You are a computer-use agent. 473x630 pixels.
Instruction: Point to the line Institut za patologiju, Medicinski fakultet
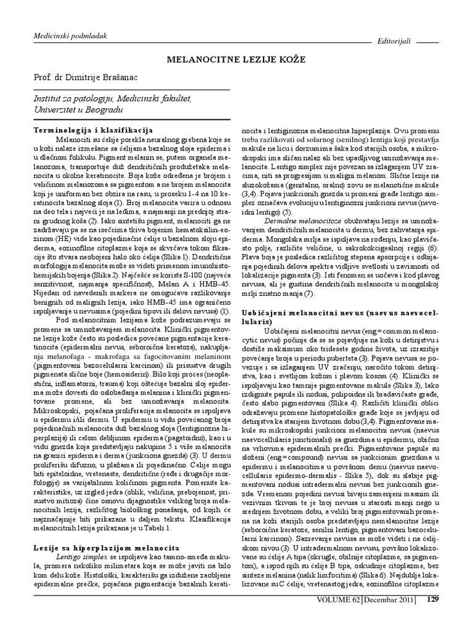(111, 98)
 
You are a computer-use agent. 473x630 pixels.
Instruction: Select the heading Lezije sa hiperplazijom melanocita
(105, 547)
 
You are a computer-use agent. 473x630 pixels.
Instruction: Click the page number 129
(433, 599)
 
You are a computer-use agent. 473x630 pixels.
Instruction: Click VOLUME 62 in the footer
(338, 599)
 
